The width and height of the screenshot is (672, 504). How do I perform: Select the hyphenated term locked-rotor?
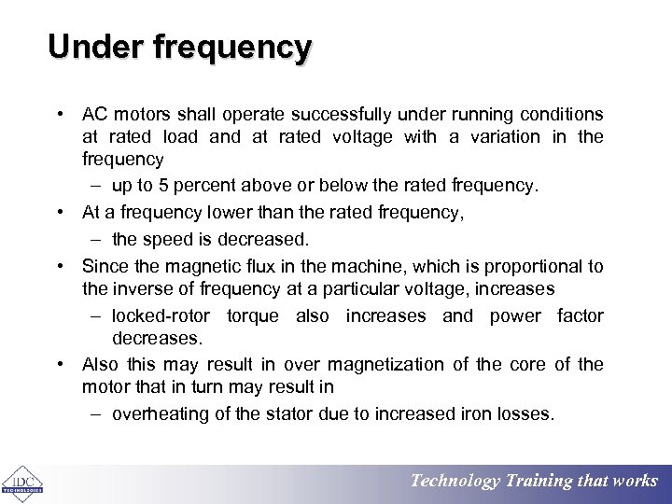point(161,316)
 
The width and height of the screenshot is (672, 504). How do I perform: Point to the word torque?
point(252,316)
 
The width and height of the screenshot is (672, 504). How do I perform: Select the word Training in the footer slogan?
point(539,481)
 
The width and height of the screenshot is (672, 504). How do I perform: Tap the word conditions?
point(561,115)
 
